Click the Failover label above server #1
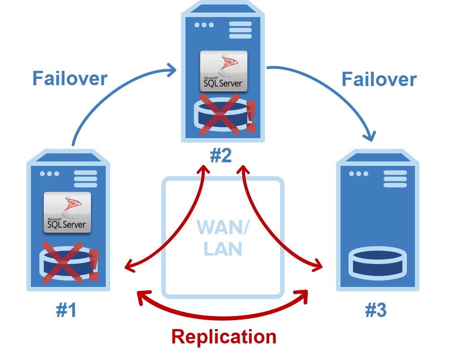point(69,78)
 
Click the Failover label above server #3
point(379,79)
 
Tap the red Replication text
point(224,336)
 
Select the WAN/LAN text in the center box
point(223,238)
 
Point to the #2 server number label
point(221,156)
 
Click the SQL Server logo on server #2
point(223,71)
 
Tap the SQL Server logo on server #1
point(67,212)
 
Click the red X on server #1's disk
point(63,262)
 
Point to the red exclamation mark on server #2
point(250,117)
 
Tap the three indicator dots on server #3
point(358,174)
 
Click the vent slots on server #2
point(240,30)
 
